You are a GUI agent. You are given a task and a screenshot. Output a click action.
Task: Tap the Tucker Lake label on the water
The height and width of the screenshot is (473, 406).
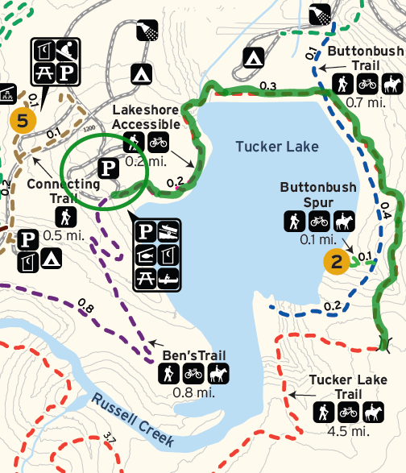coord(277,146)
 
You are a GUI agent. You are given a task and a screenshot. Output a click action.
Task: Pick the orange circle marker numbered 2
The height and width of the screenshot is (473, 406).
coord(337,260)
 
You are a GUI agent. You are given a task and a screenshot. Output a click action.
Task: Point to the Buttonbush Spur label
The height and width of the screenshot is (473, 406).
coord(318,194)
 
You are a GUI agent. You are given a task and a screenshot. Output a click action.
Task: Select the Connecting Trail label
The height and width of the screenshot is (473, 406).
coord(64,189)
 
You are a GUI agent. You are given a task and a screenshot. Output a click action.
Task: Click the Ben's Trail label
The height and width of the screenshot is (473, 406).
coord(193,355)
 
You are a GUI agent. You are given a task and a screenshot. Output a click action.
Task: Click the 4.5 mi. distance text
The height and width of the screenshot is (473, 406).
coord(348,432)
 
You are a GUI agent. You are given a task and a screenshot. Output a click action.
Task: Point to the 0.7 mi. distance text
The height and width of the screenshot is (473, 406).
coord(366,102)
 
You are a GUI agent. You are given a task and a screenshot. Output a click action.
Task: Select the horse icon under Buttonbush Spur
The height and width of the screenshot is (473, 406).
coord(344,221)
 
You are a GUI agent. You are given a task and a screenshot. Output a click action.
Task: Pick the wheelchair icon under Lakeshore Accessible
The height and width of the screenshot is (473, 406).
coord(134,144)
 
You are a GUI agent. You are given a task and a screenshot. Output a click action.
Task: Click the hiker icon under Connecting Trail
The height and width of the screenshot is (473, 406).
coord(64,216)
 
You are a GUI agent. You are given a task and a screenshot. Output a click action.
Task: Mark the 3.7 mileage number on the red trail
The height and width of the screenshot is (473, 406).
coord(110,438)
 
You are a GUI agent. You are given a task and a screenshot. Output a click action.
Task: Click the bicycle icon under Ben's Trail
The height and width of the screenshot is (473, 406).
coord(193,374)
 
